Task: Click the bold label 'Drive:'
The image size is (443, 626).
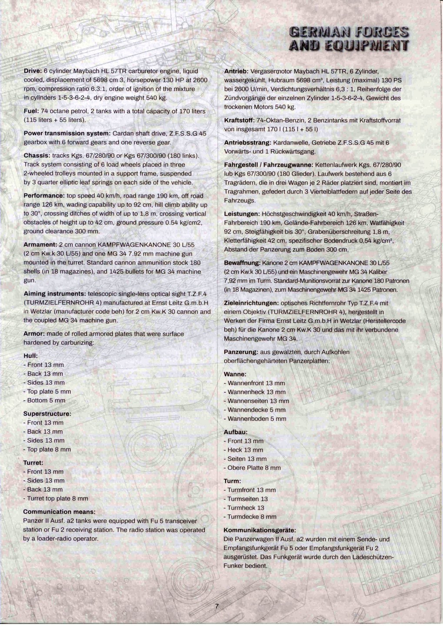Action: coord(33,71)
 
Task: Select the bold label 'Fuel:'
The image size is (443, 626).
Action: coord(31,111)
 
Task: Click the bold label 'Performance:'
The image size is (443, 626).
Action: coord(44,196)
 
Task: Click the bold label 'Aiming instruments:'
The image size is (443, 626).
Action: coord(54,293)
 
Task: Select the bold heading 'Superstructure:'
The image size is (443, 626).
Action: coord(47,413)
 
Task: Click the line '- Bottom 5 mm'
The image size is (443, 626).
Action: coord(44,400)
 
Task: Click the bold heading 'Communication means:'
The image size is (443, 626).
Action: coord(59,512)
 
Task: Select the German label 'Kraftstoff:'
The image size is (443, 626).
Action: coord(239,120)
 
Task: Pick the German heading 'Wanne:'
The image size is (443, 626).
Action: coord(235,374)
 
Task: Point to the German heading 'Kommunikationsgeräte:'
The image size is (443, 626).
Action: coord(260,530)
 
